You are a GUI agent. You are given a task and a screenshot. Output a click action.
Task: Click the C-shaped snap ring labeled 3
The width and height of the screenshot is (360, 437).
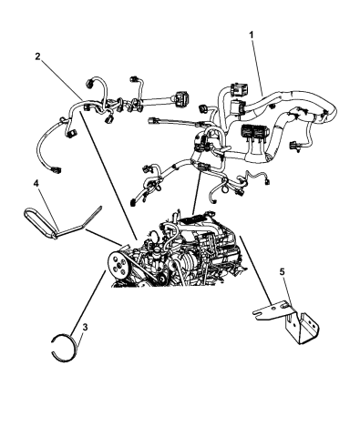tap(64, 351)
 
